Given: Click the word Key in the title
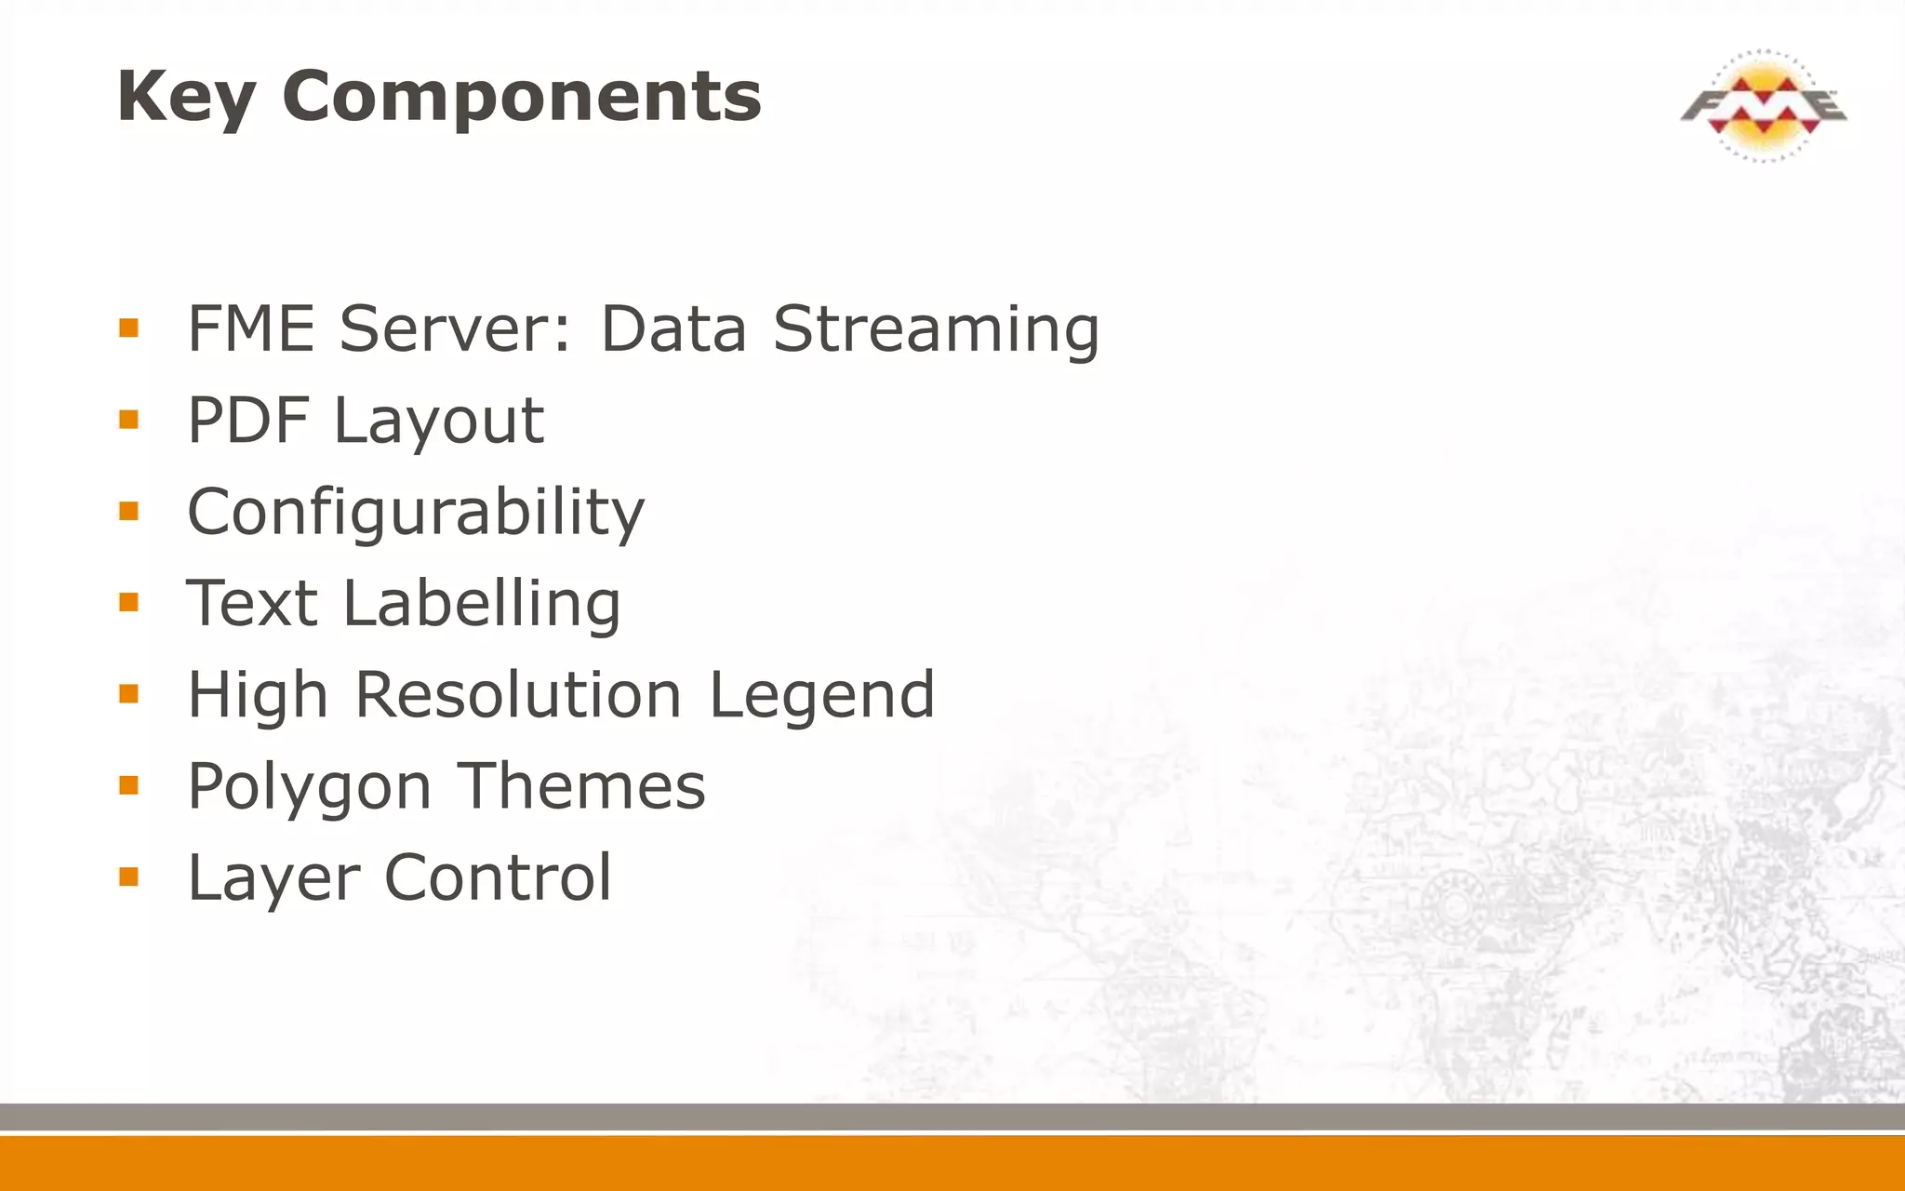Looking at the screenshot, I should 186,97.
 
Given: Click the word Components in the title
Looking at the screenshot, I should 522,97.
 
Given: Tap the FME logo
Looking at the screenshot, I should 1763,105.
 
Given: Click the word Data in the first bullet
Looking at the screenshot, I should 673,329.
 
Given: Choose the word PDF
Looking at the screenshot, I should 247,421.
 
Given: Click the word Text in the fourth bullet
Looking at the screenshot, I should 252,603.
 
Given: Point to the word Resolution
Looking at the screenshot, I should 519,695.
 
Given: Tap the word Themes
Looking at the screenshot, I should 582,786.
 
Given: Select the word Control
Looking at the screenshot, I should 498,877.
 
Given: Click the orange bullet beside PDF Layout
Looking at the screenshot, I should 128,420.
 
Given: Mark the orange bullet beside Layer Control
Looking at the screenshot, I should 128,877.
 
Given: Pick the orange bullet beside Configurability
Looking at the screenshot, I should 128,511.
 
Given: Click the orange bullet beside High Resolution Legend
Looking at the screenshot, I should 128,693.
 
